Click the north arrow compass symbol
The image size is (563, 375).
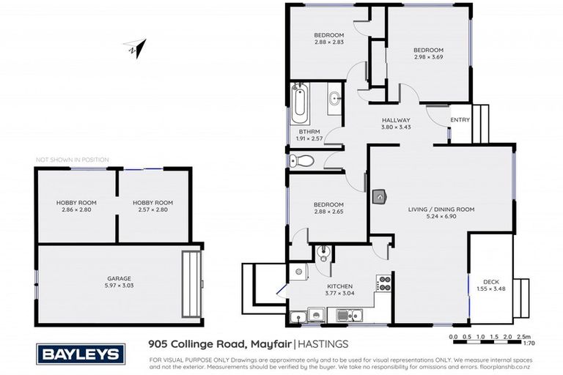click(x=136, y=48)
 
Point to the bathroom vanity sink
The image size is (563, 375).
click(x=334, y=98)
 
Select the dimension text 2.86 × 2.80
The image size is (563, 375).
click(x=76, y=209)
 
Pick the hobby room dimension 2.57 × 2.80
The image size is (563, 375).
click(x=152, y=209)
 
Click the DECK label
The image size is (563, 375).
click(x=490, y=282)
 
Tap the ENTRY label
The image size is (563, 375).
click(x=460, y=120)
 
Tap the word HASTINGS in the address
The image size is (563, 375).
click(x=323, y=343)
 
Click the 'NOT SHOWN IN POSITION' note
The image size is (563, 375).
click(x=73, y=159)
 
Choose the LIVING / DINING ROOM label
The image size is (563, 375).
click(x=441, y=209)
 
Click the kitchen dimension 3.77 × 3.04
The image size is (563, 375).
click(x=340, y=293)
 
